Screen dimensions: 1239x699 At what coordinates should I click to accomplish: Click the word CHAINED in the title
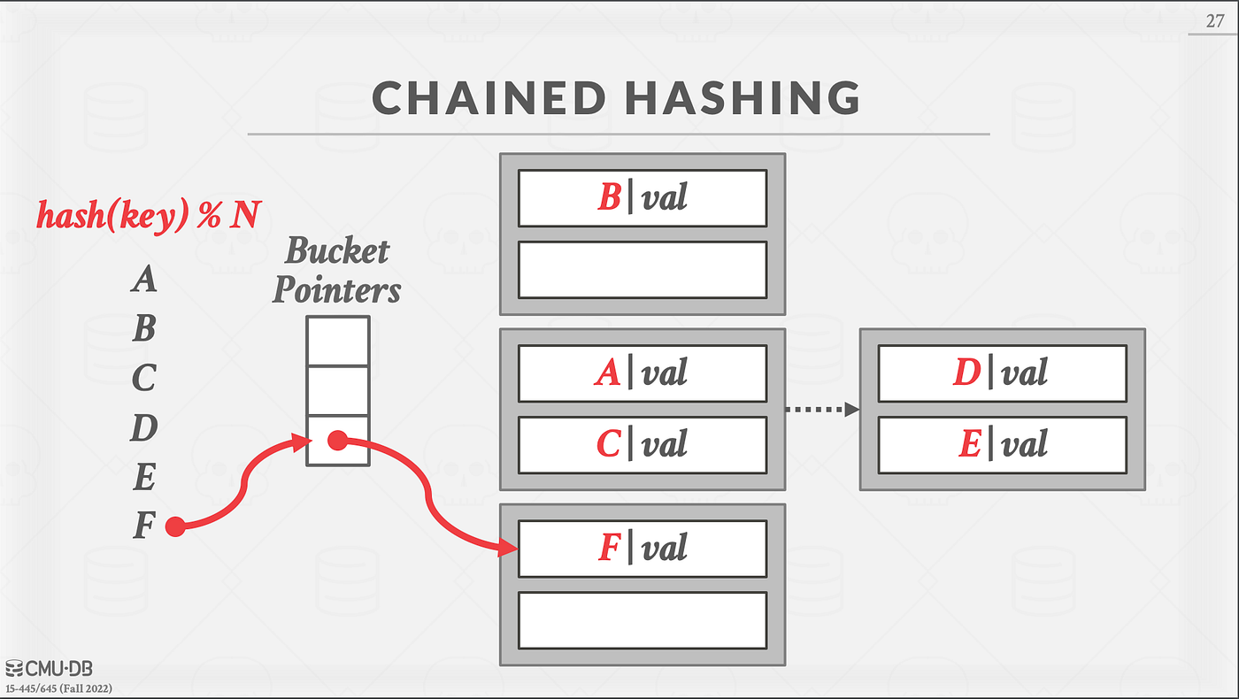coord(489,98)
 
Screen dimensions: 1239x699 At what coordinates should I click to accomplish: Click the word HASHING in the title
coord(743,98)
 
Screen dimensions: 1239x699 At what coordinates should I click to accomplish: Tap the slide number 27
coord(1214,21)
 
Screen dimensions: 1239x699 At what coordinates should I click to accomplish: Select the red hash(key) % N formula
coord(149,214)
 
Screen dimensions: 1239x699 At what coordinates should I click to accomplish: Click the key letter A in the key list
coord(144,278)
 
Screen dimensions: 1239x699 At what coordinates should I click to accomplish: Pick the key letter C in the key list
coord(143,378)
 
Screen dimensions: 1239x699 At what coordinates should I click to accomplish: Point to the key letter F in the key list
coord(143,525)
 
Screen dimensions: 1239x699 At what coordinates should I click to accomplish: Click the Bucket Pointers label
coord(337,269)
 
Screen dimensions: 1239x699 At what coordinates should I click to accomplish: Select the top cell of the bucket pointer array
coord(338,342)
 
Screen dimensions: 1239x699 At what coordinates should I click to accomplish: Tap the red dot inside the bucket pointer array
coord(337,441)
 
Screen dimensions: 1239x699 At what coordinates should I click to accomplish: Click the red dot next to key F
coord(175,526)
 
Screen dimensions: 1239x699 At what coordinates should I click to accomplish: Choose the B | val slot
coord(643,198)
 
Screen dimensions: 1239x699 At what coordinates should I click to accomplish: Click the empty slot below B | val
coord(643,270)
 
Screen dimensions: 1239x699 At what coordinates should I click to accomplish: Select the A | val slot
coord(643,373)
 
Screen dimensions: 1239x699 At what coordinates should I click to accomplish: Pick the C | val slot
coord(643,444)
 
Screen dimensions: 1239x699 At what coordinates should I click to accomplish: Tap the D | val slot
coord(1002,373)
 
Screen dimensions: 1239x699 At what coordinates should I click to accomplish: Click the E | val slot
coord(1002,444)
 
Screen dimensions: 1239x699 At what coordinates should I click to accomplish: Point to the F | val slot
coord(643,549)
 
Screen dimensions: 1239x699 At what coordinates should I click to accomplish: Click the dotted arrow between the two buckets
coord(822,409)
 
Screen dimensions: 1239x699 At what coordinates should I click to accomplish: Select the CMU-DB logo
coord(49,669)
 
